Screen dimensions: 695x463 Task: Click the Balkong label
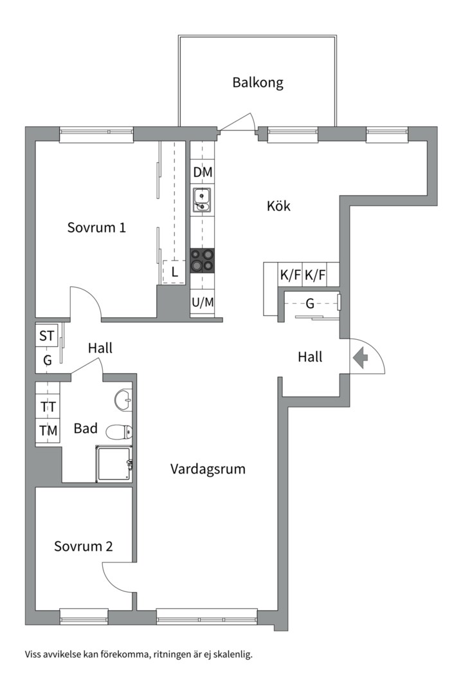tap(258, 83)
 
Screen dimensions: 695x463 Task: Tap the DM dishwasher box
tap(203, 172)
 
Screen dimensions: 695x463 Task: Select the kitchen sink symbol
tap(203, 199)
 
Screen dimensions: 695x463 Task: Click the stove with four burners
tap(203, 262)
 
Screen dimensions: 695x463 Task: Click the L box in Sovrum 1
tap(174, 272)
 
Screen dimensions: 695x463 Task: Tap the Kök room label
tap(278, 207)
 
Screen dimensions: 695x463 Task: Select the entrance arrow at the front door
tap(359, 357)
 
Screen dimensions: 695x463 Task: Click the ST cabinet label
tap(47, 336)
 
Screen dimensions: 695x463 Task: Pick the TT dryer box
tap(48, 407)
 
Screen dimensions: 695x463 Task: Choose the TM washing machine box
tap(48, 431)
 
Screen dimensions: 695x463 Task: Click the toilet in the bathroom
tap(120, 432)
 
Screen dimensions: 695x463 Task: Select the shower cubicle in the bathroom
tap(114, 463)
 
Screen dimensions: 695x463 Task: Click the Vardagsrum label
tap(208, 469)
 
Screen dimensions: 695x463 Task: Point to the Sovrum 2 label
tap(84, 546)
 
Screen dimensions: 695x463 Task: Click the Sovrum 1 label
tap(96, 227)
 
